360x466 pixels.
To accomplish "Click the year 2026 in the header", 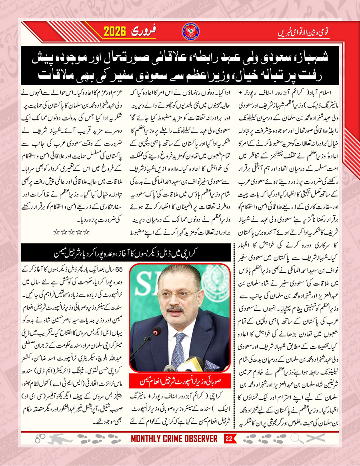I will pyautogui.click(x=116, y=31).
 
